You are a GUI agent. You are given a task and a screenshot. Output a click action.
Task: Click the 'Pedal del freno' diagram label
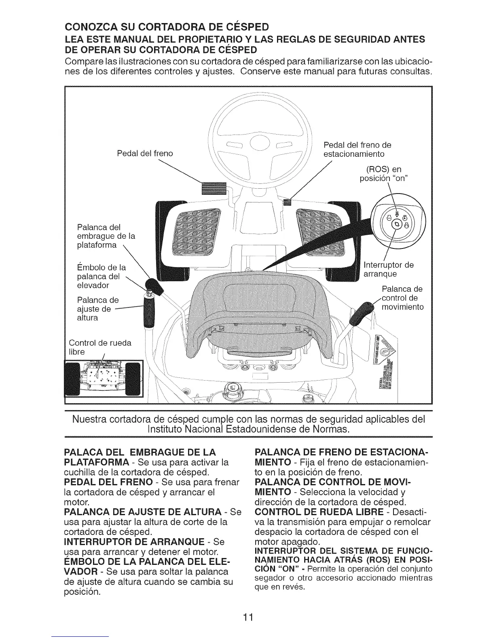(144, 153)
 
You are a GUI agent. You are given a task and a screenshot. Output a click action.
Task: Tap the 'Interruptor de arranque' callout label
(389, 269)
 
